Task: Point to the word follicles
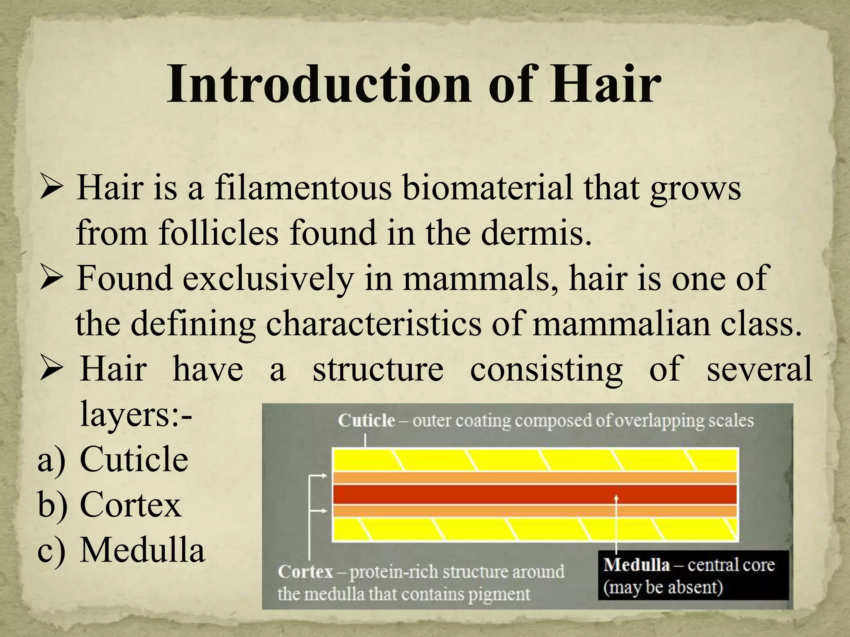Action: pyautogui.click(x=218, y=233)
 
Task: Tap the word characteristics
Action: pyautogui.click(x=374, y=324)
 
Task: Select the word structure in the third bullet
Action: pyautogui.click(x=378, y=369)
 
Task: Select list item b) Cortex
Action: pyautogui.click(x=130, y=505)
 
